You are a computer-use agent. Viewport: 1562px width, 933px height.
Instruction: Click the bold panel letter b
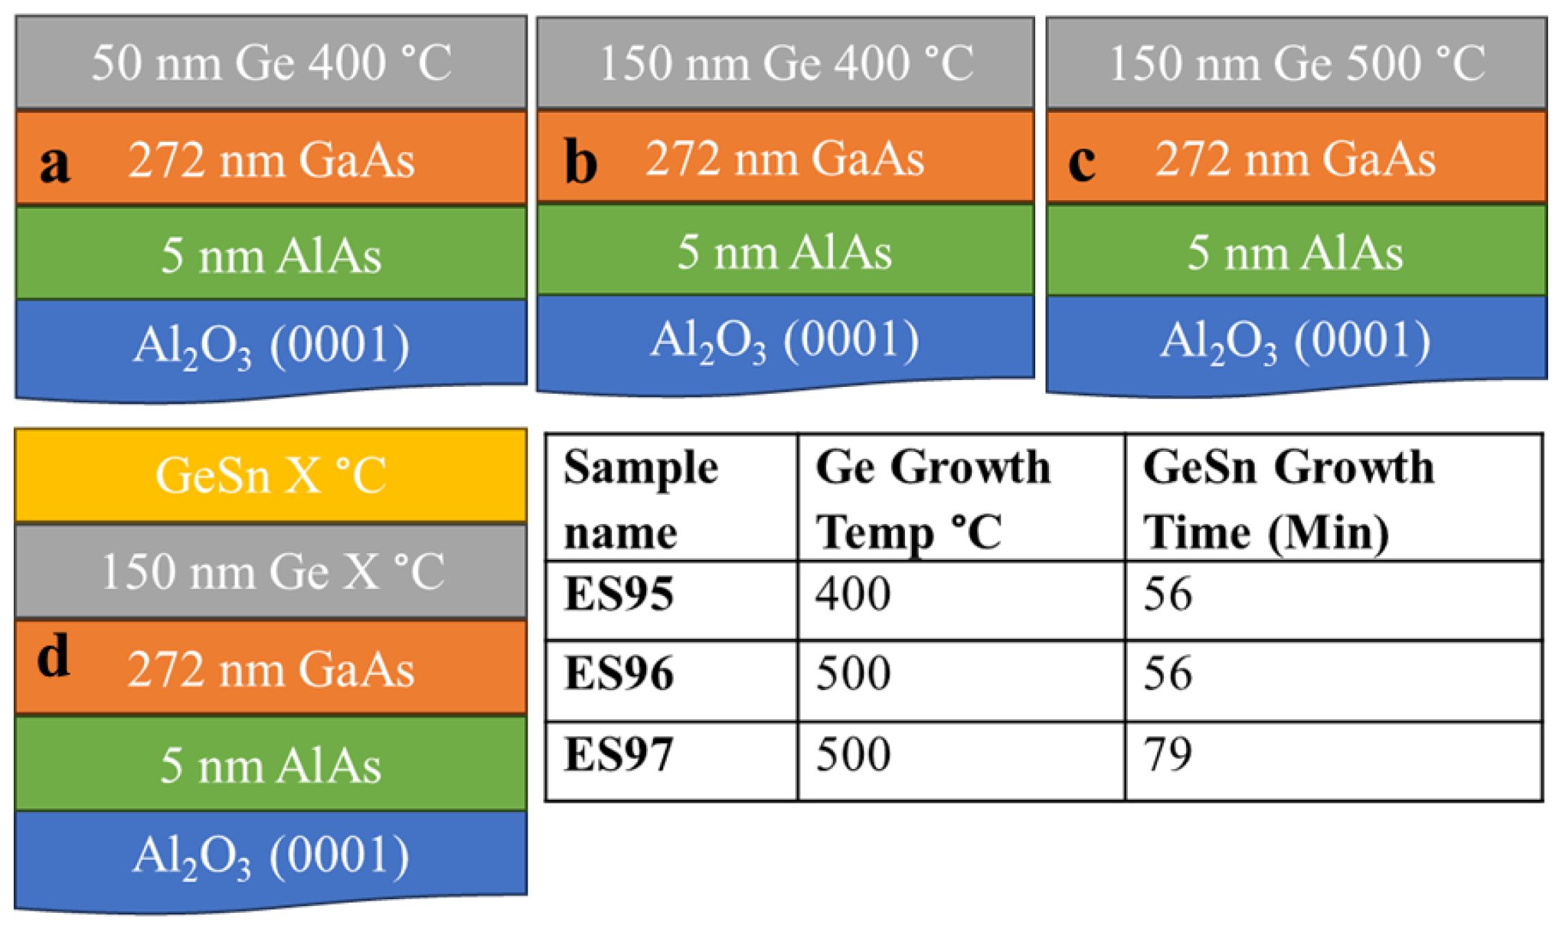580,162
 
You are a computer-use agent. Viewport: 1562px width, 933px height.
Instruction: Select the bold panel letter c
1081,162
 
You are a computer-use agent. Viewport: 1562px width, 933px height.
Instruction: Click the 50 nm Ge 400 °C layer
271,63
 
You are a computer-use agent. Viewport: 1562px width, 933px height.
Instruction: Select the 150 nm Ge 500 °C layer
1296,63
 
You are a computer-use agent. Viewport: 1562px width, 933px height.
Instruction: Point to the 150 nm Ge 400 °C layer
785,63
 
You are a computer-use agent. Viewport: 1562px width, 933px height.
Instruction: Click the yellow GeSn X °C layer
271,475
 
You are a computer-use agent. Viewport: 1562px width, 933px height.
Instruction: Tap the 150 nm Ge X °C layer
271,572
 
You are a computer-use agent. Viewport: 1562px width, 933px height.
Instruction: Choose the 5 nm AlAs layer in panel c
1296,251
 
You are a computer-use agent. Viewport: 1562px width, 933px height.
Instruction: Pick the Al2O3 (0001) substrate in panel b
785,341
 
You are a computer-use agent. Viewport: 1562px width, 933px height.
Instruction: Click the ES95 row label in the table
619,594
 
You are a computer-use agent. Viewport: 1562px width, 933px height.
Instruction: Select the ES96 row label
619,673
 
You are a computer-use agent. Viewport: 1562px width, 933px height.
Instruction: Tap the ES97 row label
619,754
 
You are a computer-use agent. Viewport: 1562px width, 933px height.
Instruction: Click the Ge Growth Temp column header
932,498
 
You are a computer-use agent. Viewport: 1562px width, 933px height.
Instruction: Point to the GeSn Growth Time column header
1288,498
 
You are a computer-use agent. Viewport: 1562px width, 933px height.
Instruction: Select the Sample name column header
641,498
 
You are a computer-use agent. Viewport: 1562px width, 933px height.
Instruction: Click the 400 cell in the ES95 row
853,594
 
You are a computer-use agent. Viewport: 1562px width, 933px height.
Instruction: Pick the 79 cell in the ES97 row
1167,754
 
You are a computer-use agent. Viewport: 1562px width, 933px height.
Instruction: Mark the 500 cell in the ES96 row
853,673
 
